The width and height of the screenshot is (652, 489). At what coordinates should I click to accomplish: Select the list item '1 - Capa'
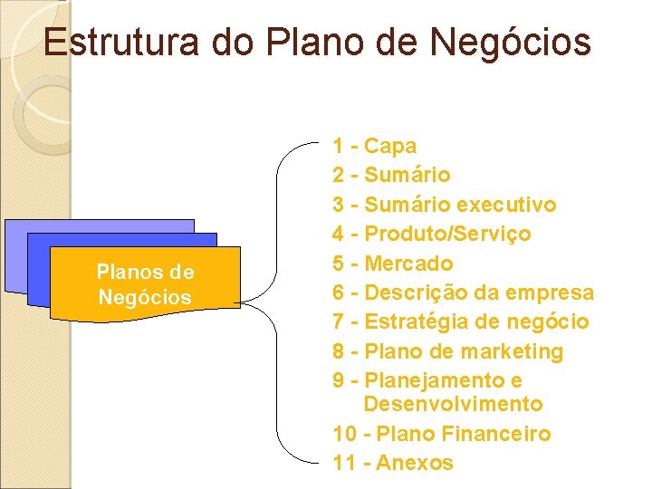click(x=375, y=146)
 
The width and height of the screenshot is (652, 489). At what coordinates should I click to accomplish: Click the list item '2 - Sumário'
click(x=391, y=175)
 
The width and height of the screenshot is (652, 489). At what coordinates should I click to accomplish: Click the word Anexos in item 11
click(x=414, y=463)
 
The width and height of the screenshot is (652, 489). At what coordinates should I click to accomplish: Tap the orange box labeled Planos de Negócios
click(x=144, y=284)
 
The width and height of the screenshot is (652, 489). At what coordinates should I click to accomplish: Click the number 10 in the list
click(x=344, y=434)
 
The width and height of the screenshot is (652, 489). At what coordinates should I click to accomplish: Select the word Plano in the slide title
click(x=299, y=43)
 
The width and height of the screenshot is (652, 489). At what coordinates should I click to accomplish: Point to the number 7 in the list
click(x=339, y=322)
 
